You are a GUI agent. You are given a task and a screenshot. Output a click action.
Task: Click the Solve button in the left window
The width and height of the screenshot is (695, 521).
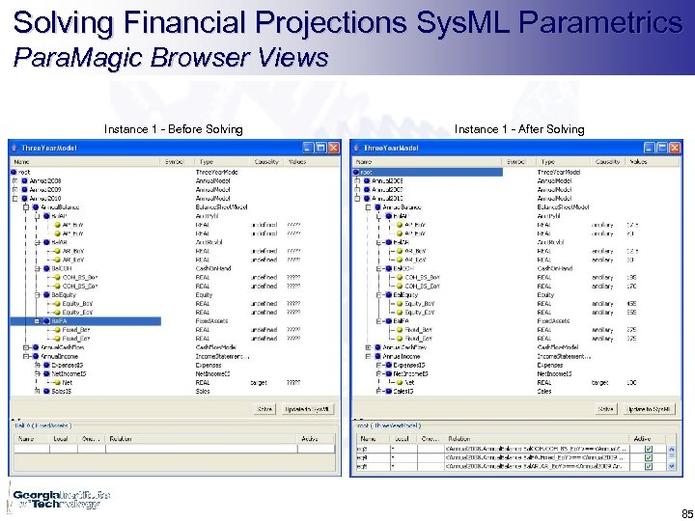pos(264,409)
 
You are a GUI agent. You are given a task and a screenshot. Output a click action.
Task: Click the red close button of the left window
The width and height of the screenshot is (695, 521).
pos(334,148)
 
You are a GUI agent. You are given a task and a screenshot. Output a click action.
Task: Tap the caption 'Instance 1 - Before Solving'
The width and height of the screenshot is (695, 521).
pos(174,129)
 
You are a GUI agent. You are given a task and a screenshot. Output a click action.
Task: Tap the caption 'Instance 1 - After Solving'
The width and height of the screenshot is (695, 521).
pos(519,129)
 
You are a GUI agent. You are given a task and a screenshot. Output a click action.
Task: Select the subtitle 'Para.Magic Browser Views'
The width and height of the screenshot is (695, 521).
pos(171,58)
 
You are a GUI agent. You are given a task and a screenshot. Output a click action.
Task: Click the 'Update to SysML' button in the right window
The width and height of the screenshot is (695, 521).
pos(649,409)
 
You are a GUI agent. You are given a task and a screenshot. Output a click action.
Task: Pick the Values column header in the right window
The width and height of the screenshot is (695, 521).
pos(638,162)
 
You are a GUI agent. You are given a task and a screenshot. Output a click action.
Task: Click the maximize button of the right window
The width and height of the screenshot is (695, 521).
pos(664,148)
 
